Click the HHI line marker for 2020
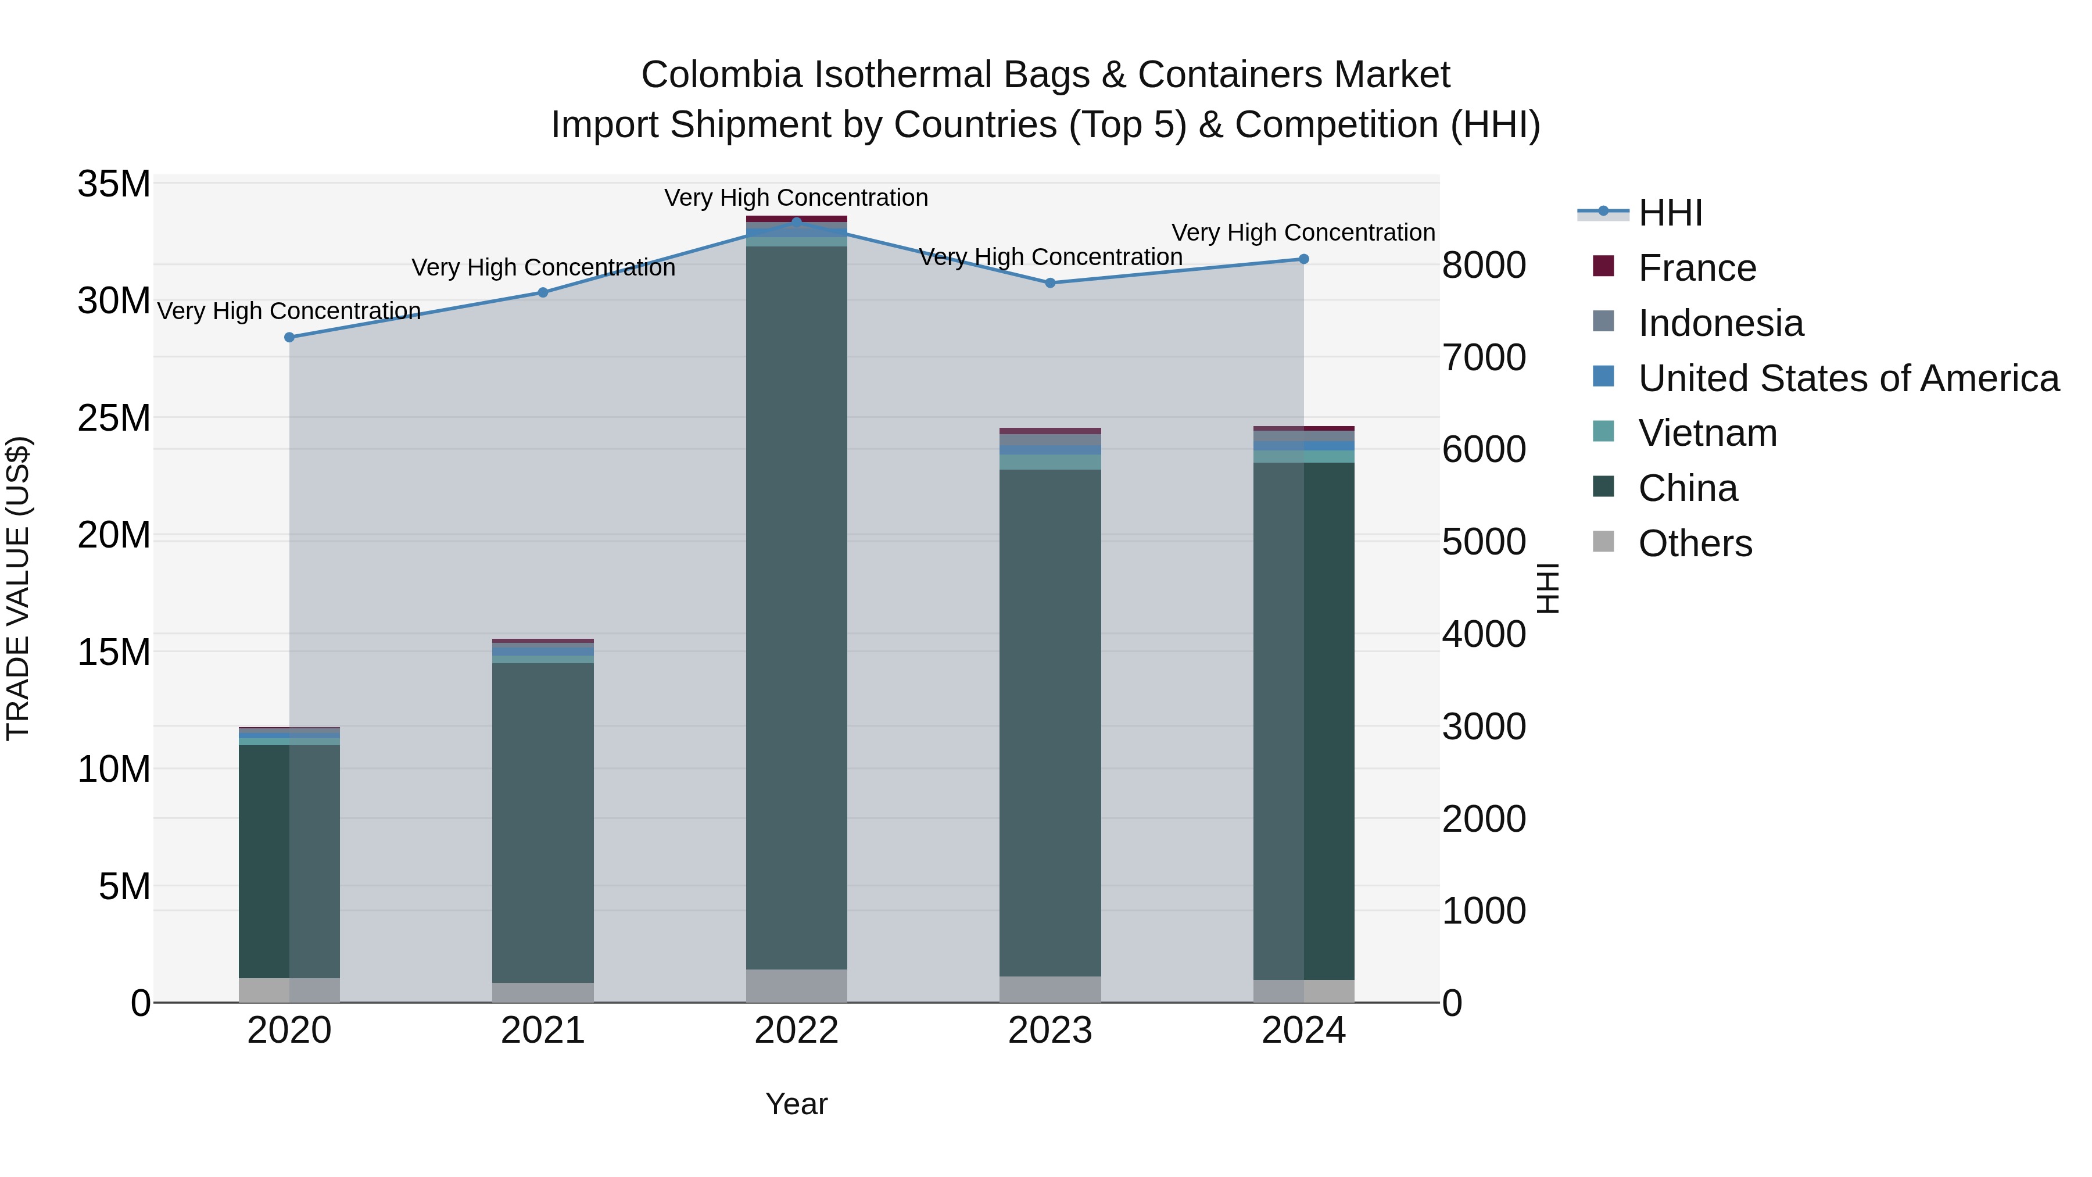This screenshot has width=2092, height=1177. click(x=289, y=337)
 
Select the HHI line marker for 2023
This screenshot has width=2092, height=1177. click(x=1050, y=282)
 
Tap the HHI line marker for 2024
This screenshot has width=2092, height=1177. click(x=1303, y=259)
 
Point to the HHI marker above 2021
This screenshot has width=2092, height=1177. click(x=543, y=292)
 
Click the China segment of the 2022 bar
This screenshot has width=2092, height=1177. click(x=796, y=609)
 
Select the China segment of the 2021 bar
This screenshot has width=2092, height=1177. click(x=543, y=820)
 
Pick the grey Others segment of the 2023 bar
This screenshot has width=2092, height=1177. click(x=1050, y=989)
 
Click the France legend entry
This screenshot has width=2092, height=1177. click(x=1696, y=268)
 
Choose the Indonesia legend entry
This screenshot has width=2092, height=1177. click(x=1720, y=323)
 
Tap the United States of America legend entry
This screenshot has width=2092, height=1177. click(x=1847, y=378)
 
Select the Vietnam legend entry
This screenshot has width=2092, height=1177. click(x=1707, y=433)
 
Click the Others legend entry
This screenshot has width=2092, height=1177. click(x=1695, y=543)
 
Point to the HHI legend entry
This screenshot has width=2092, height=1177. click(x=1670, y=213)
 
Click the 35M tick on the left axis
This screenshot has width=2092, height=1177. click(x=114, y=184)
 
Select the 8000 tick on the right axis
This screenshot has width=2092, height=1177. click(x=1484, y=266)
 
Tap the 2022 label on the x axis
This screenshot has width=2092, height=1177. click(x=796, y=1031)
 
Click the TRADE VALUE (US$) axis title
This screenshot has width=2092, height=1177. click(x=18, y=588)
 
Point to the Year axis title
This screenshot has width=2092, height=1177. click(x=796, y=1104)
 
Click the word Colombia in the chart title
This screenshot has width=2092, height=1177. click(x=721, y=75)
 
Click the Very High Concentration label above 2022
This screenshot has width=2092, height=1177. click(x=796, y=198)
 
